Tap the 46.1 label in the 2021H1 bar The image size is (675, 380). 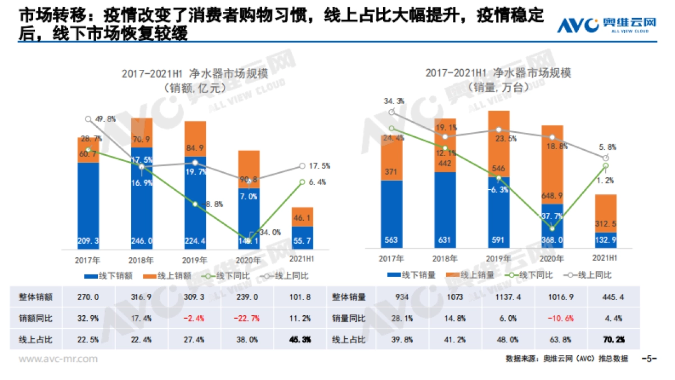tap(303, 217)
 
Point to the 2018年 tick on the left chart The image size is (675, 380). tap(142, 260)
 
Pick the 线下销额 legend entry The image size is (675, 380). tap(104, 276)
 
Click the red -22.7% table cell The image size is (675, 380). tap(249, 318)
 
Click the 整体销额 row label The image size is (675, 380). tap(33, 297)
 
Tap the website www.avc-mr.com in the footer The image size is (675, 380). tap(58, 359)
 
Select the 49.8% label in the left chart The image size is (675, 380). tap(106, 119)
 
